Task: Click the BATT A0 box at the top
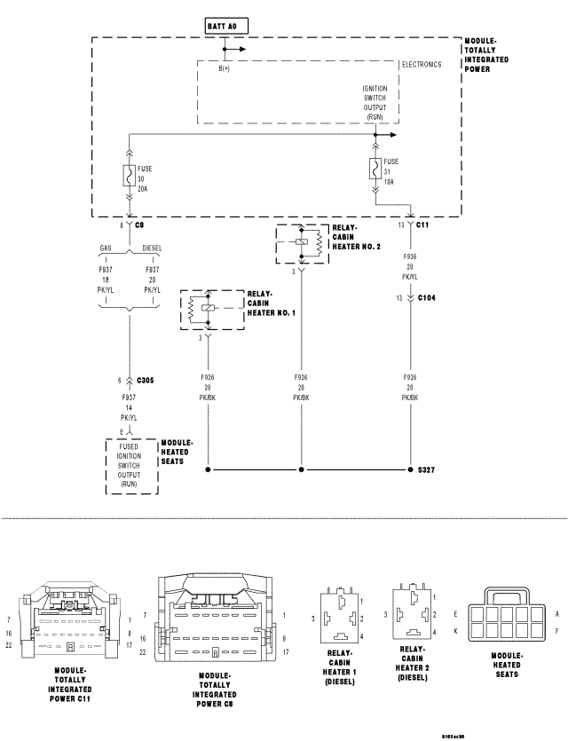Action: pos(221,27)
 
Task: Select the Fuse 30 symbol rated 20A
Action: pos(130,176)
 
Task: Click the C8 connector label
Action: pos(140,225)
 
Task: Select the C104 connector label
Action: pos(428,299)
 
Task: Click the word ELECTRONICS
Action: pos(422,65)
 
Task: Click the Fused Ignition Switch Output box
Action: pos(130,467)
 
